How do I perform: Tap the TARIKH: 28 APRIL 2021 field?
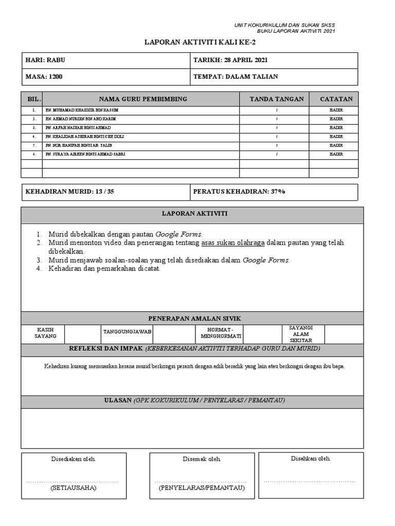229,60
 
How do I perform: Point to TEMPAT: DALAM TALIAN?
236,77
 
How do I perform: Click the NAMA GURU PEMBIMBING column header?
143,99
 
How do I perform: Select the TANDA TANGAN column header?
276,99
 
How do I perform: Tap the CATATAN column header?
336,99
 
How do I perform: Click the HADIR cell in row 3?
336,128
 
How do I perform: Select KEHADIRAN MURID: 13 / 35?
70,192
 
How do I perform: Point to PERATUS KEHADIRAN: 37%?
239,192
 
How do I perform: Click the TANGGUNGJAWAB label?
127,332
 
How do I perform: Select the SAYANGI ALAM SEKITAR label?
301,334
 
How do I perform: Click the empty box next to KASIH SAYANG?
82,334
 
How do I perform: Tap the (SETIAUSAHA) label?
74,488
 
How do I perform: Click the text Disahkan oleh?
311,458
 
